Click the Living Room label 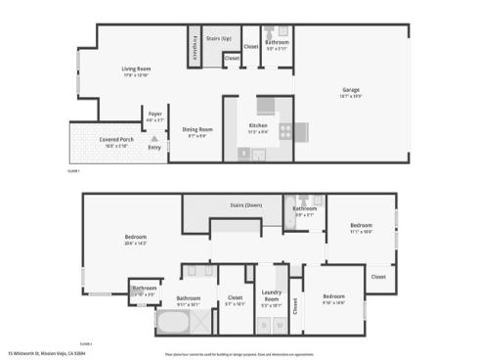point(134,67)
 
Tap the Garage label point(350,90)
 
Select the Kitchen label point(258,125)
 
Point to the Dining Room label point(196,129)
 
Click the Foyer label point(154,113)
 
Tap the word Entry point(153,148)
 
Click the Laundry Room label point(271,296)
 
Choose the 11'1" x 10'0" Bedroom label point(362,226)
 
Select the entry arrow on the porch point(154,139)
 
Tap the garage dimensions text point(350,96)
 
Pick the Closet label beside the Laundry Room point(295,306)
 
